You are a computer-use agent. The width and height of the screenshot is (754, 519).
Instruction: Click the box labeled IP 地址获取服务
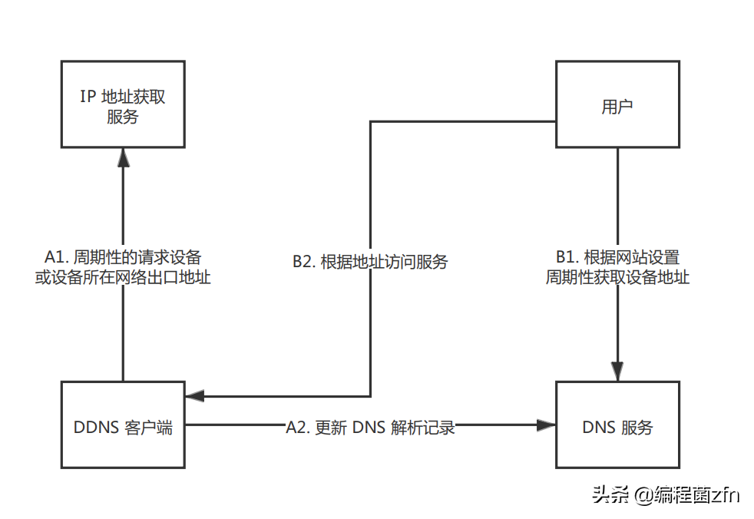(x=123, y=105)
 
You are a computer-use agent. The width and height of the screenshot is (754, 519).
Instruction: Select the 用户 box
(x=617, y=105)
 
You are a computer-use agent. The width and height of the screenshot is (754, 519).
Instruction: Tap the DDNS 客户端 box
(x=123, y=424)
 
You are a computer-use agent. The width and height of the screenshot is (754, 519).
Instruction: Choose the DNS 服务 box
(x=617, y=424)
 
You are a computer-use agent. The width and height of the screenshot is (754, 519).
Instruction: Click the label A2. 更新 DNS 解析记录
(x=371, y=428)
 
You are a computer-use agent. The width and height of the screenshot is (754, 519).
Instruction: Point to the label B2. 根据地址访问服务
(x=370, y=262)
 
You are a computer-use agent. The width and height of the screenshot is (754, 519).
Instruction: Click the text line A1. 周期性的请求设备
(x=123, y=256)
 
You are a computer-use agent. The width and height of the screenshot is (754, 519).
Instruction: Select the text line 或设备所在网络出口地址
(x=123, y=277)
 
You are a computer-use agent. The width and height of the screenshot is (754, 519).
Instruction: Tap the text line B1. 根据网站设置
(x=617, y=256)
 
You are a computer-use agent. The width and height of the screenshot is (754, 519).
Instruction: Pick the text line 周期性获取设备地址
(x=617, y=277)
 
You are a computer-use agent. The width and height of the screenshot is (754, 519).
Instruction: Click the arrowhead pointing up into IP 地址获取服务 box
(x=123, y=157)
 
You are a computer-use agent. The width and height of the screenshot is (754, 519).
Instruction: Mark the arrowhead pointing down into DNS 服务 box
(x=617, y=370)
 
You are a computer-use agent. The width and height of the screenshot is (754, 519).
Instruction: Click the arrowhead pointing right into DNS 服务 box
(x=546, y=424)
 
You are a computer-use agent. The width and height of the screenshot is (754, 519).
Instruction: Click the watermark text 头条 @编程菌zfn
(x=665, y=495)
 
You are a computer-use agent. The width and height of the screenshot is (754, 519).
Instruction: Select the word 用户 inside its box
(x=617, y=107)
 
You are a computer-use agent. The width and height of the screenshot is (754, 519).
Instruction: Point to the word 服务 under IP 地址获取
(x=123, y=117)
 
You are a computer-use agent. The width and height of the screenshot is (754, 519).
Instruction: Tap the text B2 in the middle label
(x=303, y=262)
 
